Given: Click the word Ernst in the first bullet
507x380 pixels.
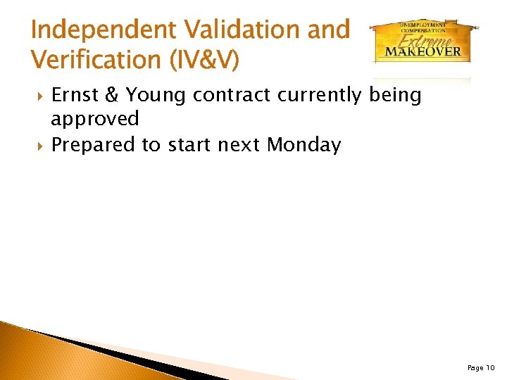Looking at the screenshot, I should [x=75, y=95].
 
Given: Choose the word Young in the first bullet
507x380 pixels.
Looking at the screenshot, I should [x=157, y=95].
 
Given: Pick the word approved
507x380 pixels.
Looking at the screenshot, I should [x=95, y=120].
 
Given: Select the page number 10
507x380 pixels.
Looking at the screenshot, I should [x=490, y=367].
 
